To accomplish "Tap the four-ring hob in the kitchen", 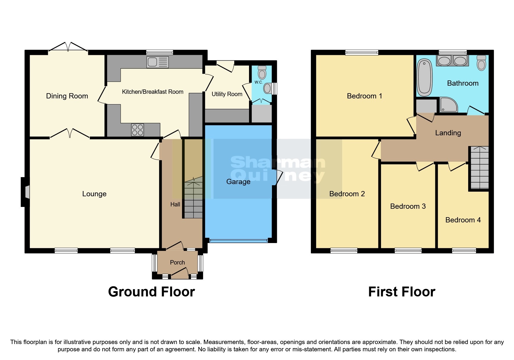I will coord(137,130).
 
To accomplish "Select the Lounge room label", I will coord(94,194).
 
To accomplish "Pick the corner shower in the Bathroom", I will coord(448,105).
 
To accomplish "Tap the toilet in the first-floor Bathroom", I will coord(481,63).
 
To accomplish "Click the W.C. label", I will coord(259,82).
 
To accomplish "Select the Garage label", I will coord(238,182).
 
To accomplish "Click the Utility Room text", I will coord(227,94).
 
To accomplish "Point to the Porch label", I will coord(177,262).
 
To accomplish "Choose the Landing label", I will coord(448,133).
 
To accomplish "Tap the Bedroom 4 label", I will coord(463,220).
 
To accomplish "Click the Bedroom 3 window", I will coord(408,250).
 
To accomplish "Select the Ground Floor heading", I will coord(151,292).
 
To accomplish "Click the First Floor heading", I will coord(401,292).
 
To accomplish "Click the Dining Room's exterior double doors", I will coord(68,48).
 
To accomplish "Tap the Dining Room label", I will coord(67,96).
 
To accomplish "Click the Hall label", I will coord(175,204).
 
